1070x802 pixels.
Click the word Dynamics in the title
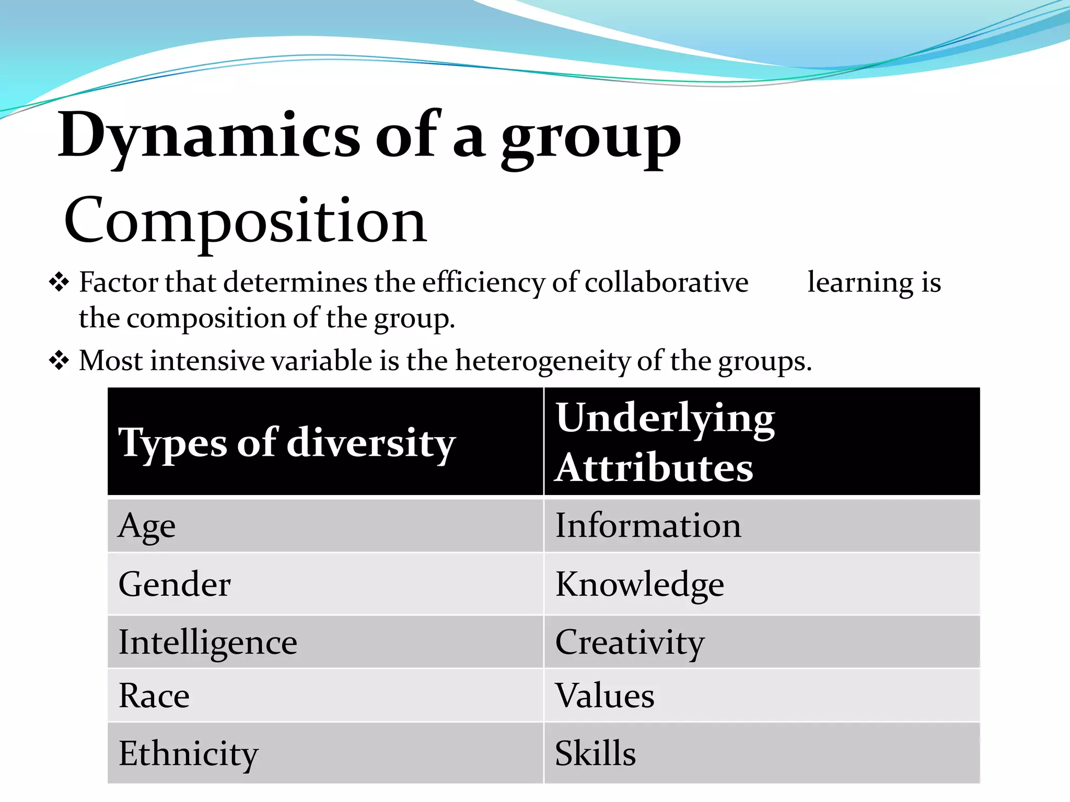point(209,136)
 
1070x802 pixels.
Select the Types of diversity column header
point(287,443)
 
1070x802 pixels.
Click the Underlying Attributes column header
point(665,442)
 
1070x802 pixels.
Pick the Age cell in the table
point(147,526)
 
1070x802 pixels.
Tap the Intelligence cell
point(207,642)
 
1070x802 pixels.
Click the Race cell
point(154,695)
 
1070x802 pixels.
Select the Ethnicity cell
point(188,753)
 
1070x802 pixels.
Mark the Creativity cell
point(630,642)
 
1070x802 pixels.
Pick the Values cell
point(604,695)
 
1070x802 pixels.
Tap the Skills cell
point(595,753)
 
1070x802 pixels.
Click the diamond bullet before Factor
point(59,282)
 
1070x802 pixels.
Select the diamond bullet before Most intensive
point(59,360)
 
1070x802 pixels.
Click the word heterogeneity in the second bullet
point(543,361)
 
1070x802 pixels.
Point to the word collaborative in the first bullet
point(666,282)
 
